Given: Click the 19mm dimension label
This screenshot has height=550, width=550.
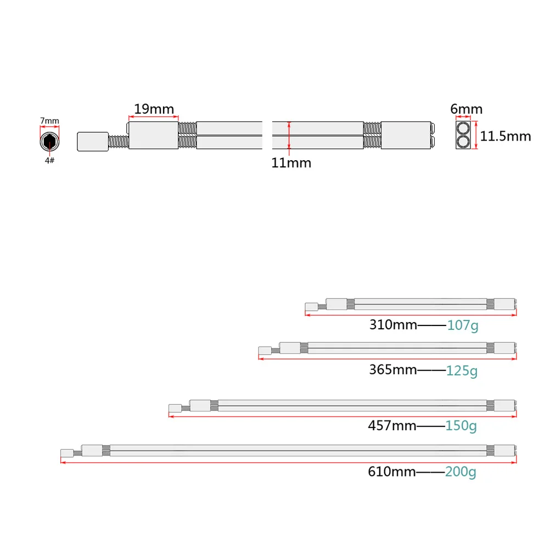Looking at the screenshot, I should pos(154,109).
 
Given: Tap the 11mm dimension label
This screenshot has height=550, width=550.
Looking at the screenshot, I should pos(291,162).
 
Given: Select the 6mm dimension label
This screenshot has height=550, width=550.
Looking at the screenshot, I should pos(466,109).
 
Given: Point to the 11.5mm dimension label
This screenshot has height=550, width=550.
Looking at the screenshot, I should pos(506,136).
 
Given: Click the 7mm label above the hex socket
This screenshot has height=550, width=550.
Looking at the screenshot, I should pos(49,121).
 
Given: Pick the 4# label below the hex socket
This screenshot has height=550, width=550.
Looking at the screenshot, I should pos(49,160).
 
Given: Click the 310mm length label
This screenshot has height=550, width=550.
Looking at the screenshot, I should pos(393,324).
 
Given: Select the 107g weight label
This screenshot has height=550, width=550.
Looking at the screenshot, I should pos(463,325).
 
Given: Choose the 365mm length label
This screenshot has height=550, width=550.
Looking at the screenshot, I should pos(393,369).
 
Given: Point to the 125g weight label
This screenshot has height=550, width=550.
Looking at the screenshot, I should pos(462,371).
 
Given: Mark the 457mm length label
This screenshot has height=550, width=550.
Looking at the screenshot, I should pos(392,425).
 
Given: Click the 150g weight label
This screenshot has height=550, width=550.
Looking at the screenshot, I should pos(462,426).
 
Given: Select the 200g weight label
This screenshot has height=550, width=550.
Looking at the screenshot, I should pos(461,472).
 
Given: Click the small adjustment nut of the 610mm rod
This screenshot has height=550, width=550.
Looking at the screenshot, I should pos(67,453).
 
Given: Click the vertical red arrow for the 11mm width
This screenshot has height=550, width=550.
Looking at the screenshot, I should pos(289,136).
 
